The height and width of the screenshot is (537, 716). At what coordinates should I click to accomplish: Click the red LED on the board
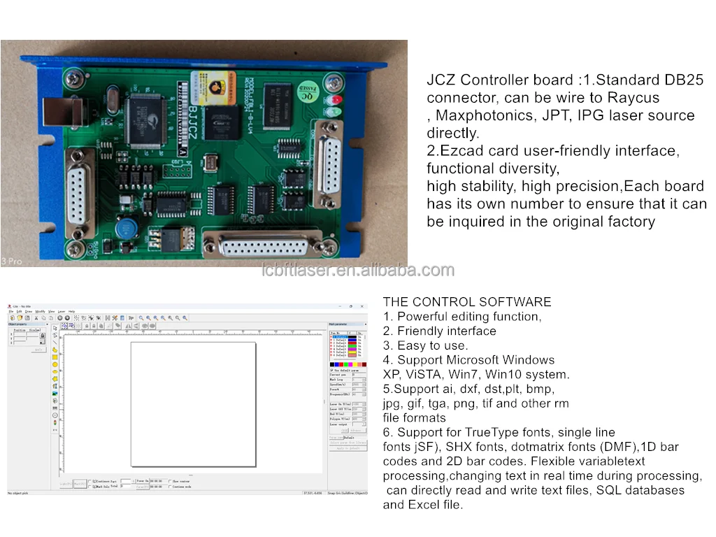click(336, 99)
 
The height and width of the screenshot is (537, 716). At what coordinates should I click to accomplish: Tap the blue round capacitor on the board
click(127, 229)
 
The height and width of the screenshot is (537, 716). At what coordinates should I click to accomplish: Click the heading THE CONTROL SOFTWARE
click(467, 302)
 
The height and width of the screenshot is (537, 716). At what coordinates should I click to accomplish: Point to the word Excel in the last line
click(424, 505)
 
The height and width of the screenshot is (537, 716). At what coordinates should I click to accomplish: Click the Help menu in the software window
click(71, 311)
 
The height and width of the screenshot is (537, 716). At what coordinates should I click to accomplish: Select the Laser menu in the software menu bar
click(62, 311)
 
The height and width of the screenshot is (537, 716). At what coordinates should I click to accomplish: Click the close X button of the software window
click(361, 306)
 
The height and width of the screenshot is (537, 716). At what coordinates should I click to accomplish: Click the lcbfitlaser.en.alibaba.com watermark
click(357, 271)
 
